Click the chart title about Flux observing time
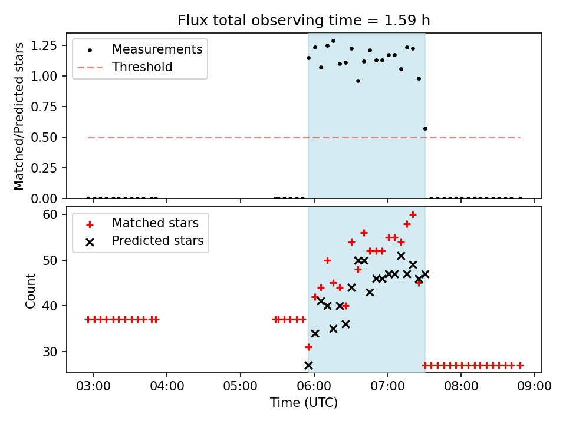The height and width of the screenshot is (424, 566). click(x=304, y=21)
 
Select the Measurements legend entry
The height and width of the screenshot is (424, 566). click(x=157, y=49)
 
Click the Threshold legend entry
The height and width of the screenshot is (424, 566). click(x=142, y=67)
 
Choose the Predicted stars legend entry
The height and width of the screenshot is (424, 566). click(x=157, y=241)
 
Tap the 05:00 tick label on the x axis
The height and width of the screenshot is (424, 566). click(x=241, y=387)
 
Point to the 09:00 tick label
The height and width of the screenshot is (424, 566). click(x=534, y=387)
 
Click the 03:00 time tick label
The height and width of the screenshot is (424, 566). click(x=94, y=387)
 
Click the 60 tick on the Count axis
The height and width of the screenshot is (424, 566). click(x=54, y=214)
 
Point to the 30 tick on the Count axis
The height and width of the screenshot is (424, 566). click(x=54, y=352)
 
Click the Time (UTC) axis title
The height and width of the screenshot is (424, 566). click(x=304, y=403)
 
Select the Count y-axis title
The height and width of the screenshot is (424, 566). click(x=30, y=290)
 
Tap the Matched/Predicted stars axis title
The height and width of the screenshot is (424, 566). click(x=19, y=116)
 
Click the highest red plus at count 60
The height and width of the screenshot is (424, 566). click(x=413, y=214)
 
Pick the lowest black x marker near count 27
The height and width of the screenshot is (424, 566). click(x=308, y=365)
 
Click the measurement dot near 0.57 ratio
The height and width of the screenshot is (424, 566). click(x=425, y=128)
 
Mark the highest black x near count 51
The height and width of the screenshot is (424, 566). click(x=401, y=256)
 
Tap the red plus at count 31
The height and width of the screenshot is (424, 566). click(x=308, y=347)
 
